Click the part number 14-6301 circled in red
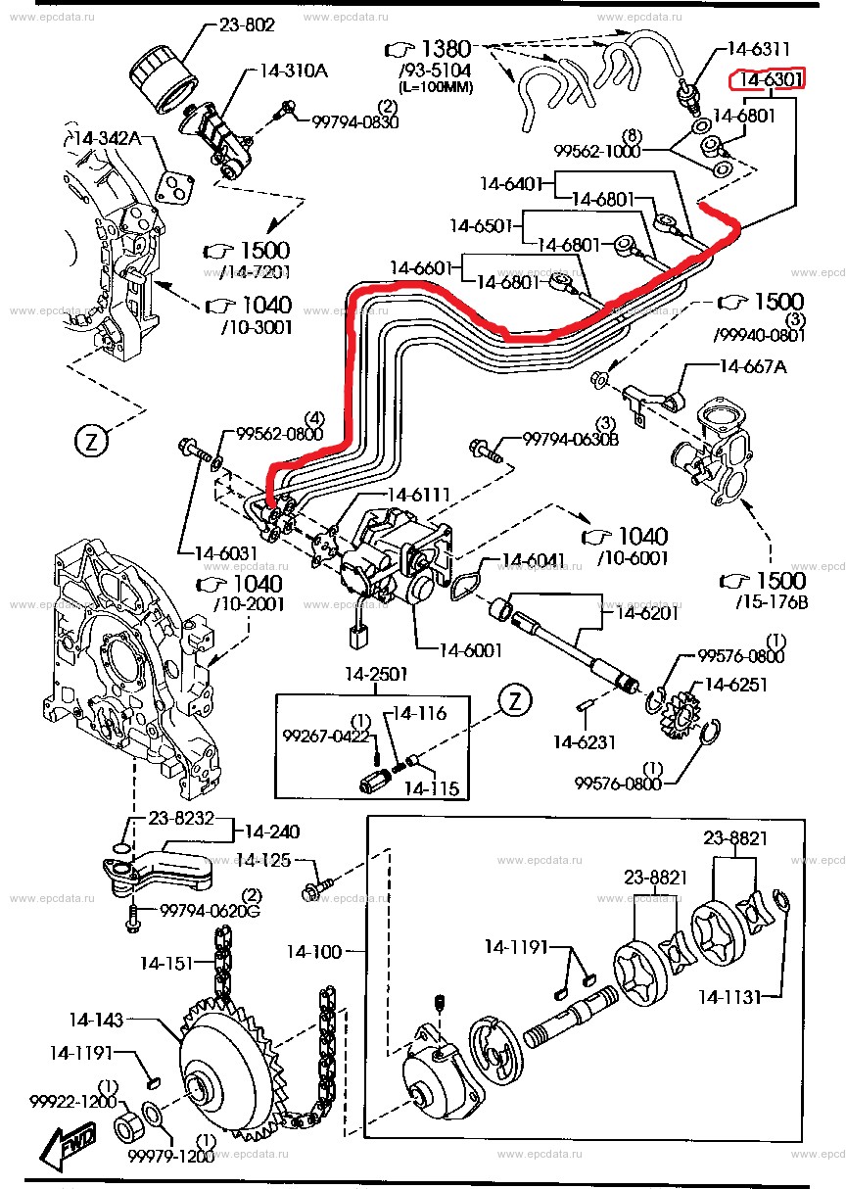[x=771, y=78]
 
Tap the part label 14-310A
[x=294, y=70]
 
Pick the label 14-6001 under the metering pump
[x=470, y=649]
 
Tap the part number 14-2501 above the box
[x=374, y=675]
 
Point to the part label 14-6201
[x=647, y=613]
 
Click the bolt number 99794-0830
[x=355, y=121]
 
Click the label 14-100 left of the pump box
[x=314, y=951]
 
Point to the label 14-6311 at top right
[x=759, y=46]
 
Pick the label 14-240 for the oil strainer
[x=272, y=832]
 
